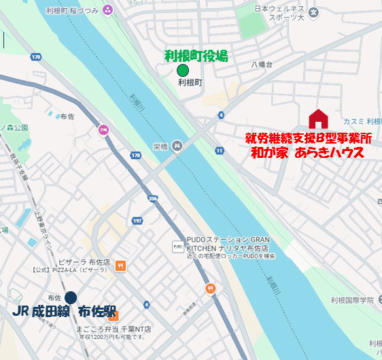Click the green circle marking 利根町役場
(x=182, y=70)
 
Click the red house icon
(x=318, y=119)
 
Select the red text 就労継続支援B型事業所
(x=309, y=138)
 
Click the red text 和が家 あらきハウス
(x=310, y=153)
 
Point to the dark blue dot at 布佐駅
(x=71, y=297)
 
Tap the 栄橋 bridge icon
(x=177, y=145)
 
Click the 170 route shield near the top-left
(x=36, y=56)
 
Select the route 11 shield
(x=219, y=150)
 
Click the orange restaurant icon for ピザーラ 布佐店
(x=120, y=265)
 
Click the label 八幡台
(x=260, y=65)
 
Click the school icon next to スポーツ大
(x=313, y=12)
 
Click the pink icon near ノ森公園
(x=103, y=129)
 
